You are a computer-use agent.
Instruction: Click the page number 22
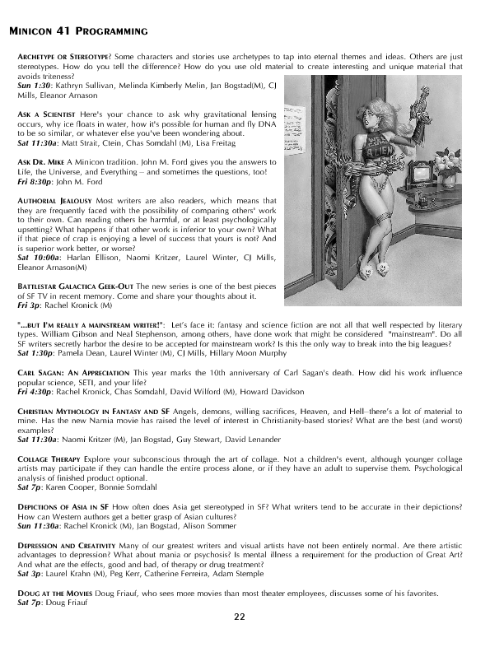pos(238,615)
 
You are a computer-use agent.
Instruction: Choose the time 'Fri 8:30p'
pos(35,181)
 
